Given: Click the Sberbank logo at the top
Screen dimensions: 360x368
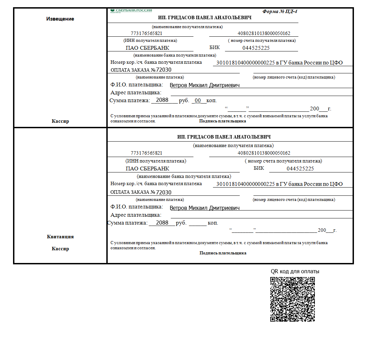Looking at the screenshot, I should point(131,11).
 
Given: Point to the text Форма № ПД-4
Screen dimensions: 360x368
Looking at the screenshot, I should point(280,11).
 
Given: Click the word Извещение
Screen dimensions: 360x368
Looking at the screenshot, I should point(60,19).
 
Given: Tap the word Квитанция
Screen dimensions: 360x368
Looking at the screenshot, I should point(60,237).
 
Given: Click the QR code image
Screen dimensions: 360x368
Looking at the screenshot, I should point(293,299).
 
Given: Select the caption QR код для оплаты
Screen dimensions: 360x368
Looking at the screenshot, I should point(295,271).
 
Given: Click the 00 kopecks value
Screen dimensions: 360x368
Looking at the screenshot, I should point(198,100).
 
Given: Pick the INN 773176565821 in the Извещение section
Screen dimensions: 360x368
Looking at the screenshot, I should point(146,34).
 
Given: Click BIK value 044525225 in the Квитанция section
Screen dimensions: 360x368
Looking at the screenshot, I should point(300,169).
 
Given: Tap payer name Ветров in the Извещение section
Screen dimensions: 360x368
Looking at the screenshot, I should point(178,85).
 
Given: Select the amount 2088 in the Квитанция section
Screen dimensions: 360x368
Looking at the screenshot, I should point(162,223).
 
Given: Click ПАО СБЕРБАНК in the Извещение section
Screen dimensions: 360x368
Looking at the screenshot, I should point(147,48).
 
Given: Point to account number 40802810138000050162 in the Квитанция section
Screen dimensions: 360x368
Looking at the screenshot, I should point(264,153).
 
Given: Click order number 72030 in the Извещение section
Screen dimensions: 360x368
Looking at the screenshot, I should point(164,70).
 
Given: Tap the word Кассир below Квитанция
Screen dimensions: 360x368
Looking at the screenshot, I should point(60,249).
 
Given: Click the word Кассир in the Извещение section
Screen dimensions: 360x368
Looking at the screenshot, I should point(60,121).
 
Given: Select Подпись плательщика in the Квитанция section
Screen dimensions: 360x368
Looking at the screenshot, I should point(223,253).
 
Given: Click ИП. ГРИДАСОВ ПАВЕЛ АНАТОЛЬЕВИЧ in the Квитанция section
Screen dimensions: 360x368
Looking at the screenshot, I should point(224,137).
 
